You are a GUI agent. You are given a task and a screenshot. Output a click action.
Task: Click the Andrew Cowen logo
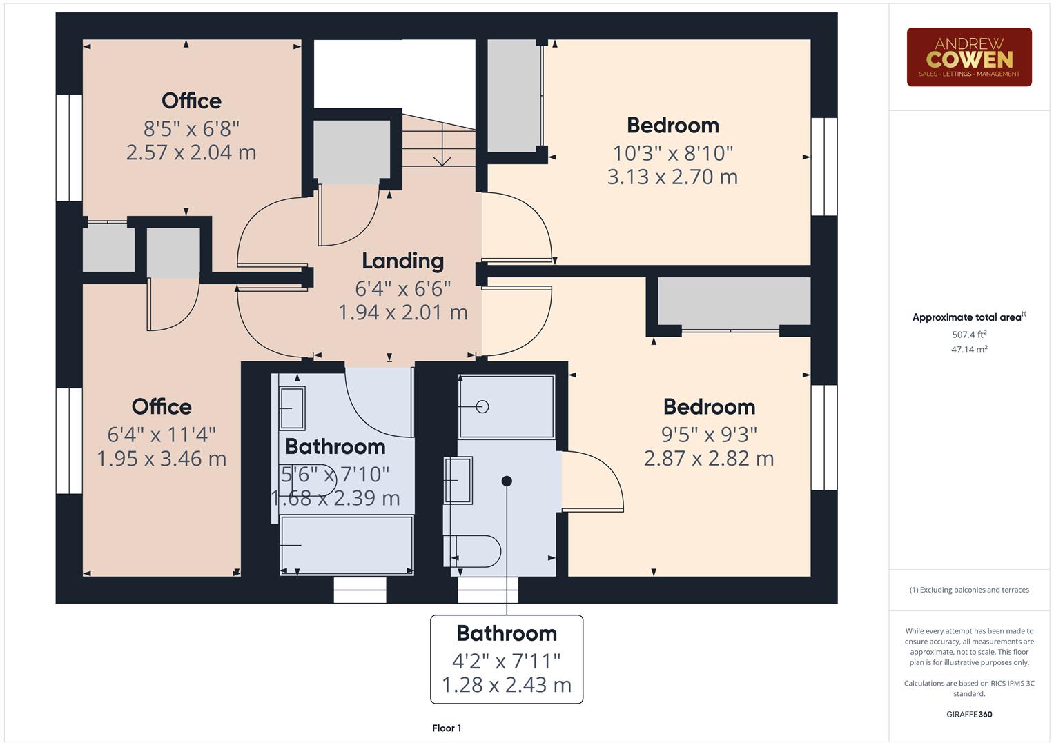[x=968, y=57]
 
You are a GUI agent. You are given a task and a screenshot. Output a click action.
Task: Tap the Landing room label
[x=402, y=261]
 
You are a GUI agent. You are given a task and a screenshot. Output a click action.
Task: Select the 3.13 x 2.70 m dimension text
[x=672, y=177]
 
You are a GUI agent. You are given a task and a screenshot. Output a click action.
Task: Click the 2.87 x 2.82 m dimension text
[x=709, y=458]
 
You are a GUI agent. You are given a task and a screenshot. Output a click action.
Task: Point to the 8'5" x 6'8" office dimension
[x=191, y=128]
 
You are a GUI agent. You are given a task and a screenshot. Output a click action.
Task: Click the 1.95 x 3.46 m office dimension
[x=162, y=458]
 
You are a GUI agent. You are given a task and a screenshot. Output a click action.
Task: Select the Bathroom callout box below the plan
[x=507, y=659]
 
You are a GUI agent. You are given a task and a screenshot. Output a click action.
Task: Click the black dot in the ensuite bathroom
[x=507, y=481]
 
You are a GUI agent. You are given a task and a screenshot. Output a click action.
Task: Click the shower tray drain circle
[x=482, y=407]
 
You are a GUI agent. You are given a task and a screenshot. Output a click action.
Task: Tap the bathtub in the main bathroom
[x=347, y=544]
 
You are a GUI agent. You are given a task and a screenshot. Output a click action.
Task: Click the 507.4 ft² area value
[x=969, y=335]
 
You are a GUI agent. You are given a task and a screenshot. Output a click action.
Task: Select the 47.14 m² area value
[x=969, y=350]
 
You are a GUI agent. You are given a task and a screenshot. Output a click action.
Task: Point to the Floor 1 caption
[x=447, y=728]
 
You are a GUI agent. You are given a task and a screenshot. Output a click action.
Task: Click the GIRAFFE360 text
[x=969, y=714]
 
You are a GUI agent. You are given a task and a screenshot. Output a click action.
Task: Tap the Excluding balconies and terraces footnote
[x=969, y=590]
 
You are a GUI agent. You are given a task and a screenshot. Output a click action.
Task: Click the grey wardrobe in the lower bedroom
[x=734, y=301]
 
